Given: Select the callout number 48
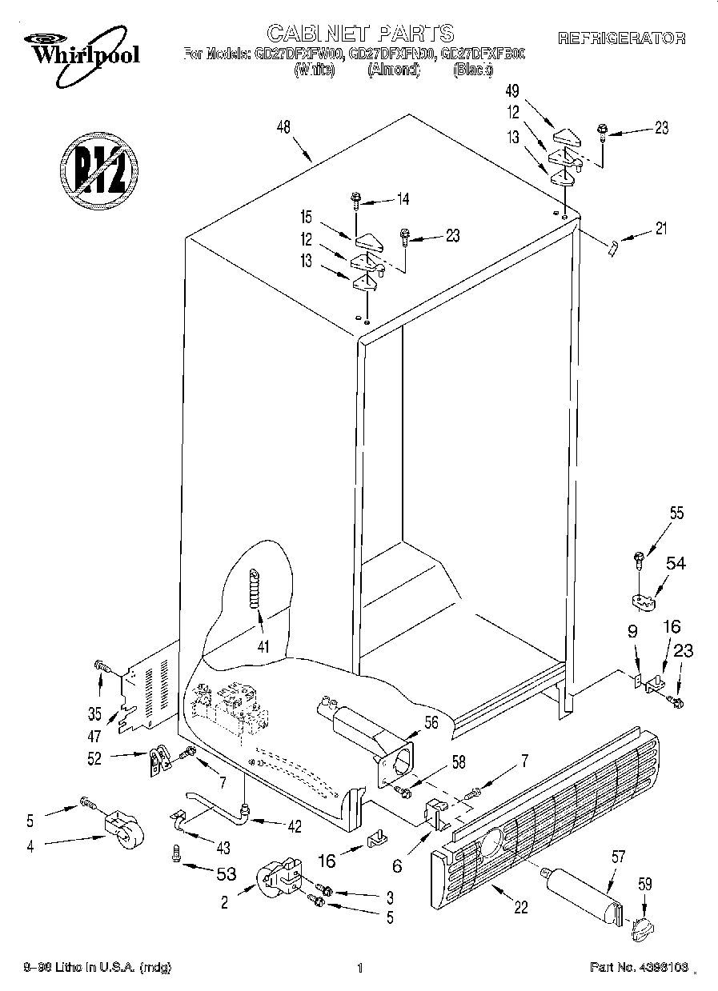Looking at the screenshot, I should pos(283,126).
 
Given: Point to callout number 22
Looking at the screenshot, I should pos(521,907).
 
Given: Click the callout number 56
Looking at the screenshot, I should pos(431,721).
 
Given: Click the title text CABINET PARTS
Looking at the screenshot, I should pos(359,33).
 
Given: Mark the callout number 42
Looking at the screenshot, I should pos(294,826).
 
